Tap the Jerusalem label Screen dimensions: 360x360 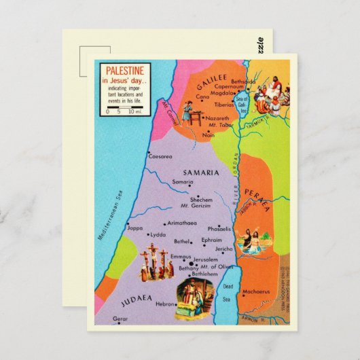click(x=205, y=259)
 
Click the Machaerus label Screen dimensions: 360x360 click(x=255, y=292)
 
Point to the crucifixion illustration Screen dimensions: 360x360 click(x=154, y=265)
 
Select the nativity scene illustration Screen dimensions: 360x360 click(x=194, y=299)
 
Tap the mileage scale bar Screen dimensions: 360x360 click(x=124, y=111)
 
